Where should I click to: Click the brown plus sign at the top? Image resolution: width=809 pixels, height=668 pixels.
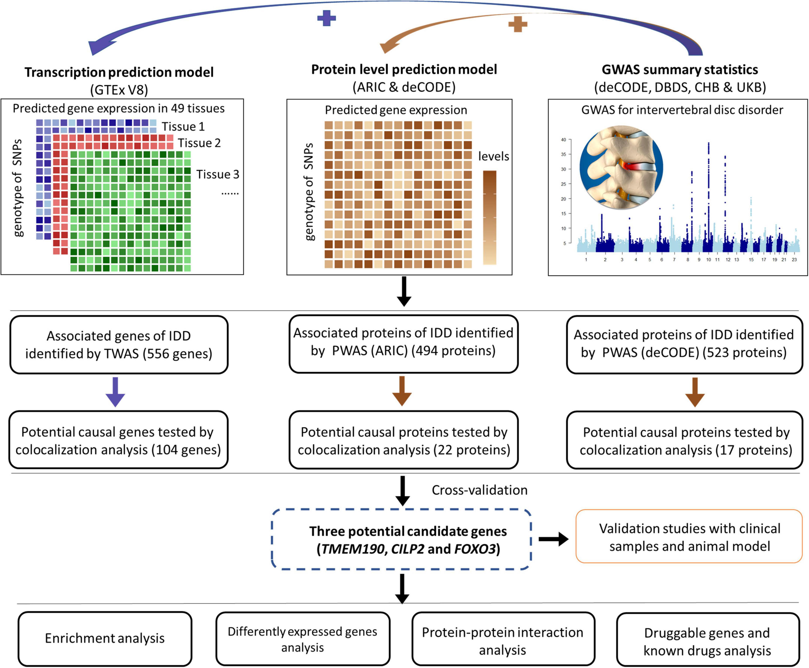coord(518,24)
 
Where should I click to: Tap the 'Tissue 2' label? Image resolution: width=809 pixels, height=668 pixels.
coord(199,143)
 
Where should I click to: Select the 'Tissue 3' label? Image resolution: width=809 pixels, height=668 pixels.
coord(218,174)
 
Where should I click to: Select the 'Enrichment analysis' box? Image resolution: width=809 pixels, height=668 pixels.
coord(105,638)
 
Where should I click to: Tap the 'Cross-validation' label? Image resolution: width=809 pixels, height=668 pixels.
coord(479,490)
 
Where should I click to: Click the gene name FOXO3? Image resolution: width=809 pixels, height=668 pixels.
coord(475,549)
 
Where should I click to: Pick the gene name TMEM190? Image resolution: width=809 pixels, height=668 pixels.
coord(353,549)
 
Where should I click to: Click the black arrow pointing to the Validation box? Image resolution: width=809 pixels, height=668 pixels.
coord(553,539)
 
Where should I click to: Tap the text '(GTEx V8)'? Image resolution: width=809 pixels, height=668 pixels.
coord(119,90)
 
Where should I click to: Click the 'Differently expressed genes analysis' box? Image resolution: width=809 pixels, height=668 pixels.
coord(303,639)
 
